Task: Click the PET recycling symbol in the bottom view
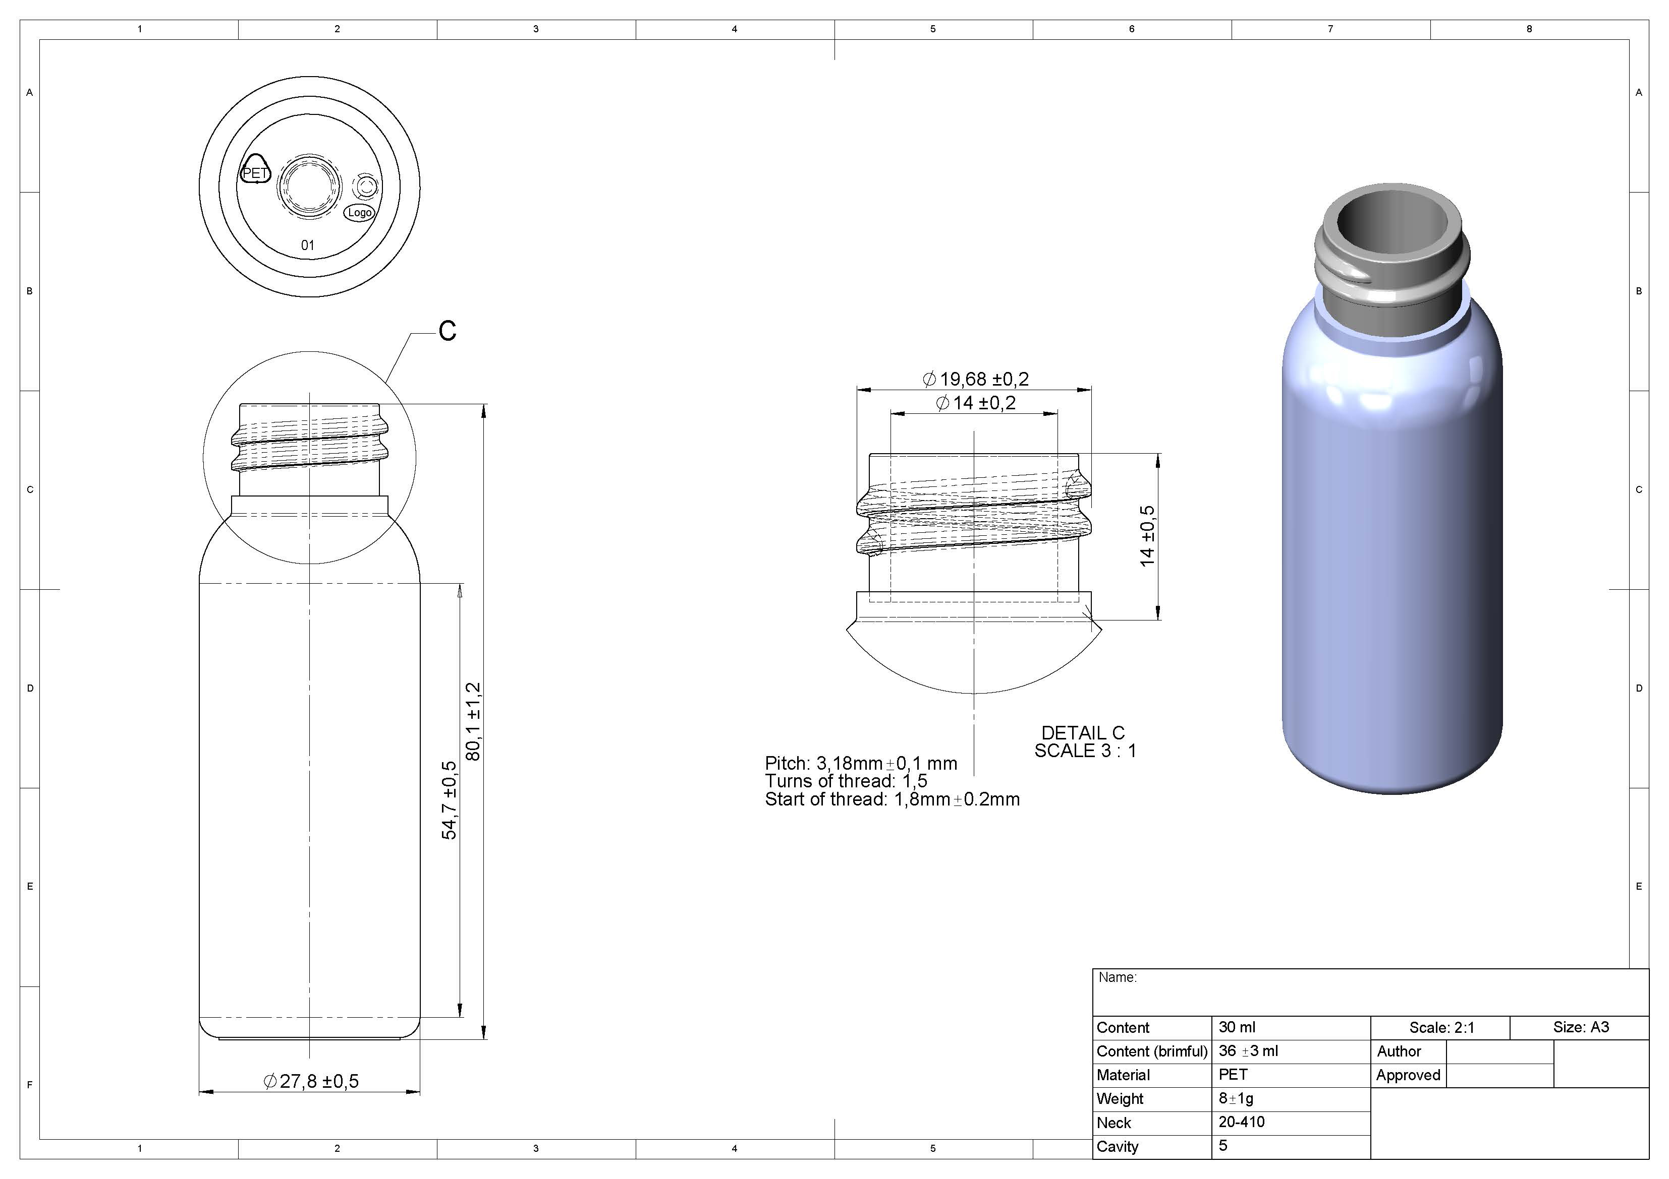pyautogui.click(x=255, y=169)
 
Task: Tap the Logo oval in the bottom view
pyautogui.click(x=359, y=213)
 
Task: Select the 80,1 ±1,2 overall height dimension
pyautogui.click(x=474, y=721)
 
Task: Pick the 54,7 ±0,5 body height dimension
pyautogui.click(x=450, y=800)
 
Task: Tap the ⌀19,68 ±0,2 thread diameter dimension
pyautogui.click(x=976, y=379)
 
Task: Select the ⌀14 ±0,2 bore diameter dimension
pyautogui.click(x=976, y=403)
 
